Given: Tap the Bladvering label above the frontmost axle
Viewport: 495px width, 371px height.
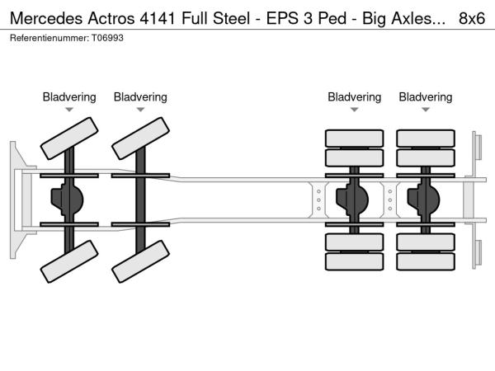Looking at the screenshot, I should (x=69, y=97).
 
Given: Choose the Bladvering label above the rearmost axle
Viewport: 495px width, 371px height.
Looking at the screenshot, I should (x=426, y=97).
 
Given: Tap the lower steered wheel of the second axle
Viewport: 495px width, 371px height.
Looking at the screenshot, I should (x=139, y=261).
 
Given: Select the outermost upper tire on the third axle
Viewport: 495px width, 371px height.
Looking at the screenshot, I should (x=354, y=138).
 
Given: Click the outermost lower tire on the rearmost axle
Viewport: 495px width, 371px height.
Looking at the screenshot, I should (x=425, y=261).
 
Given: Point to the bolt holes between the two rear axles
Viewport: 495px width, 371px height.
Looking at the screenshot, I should (x=391, y=199).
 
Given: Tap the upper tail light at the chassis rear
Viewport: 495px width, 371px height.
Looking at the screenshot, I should (x=478, y=148).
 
